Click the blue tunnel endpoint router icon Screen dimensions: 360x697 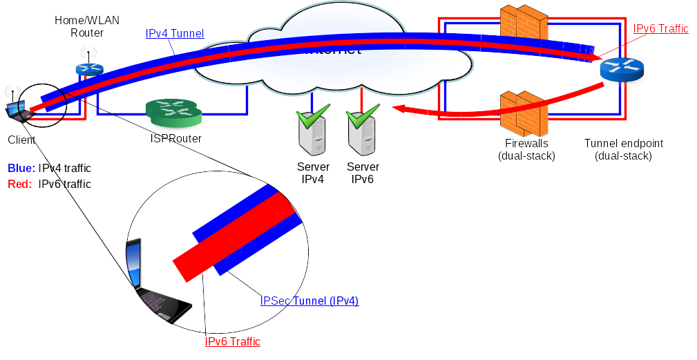(621, 68)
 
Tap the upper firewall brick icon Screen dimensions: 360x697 (524, 23)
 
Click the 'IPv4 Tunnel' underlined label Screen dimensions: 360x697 (175, 33)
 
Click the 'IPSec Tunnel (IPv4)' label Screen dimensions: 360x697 (309, 301)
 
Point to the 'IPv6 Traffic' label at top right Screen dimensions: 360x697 (660, 28)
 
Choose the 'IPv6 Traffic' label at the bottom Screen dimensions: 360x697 (232, 341)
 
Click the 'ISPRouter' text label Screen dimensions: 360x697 (175, 138)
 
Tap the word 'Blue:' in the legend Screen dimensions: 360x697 (21, 168)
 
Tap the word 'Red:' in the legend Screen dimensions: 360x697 (20, 184)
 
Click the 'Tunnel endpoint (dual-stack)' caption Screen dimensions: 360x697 (623, 149)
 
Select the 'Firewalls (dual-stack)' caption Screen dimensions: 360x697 (526, 149)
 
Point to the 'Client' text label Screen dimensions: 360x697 (21, 140)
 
